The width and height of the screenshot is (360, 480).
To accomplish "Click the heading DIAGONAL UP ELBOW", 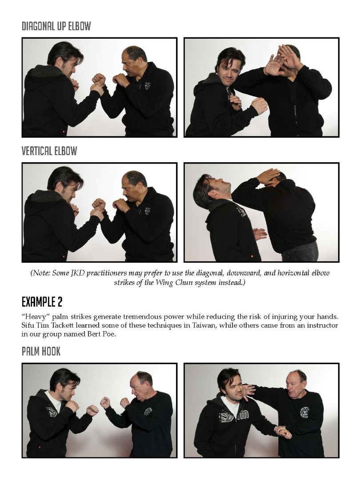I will [56, 26].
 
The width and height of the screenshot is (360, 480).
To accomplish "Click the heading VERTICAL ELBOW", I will [49, 151].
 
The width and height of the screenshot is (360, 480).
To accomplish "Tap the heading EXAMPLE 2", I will [42, 302].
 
